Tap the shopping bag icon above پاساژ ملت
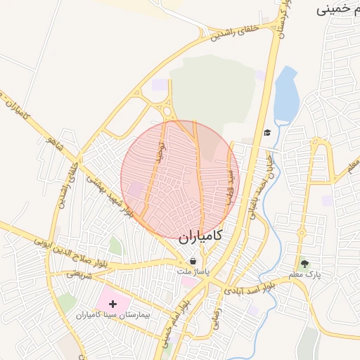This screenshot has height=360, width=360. (x=193, y=261)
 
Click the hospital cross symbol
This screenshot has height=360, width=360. (x=113, y=304)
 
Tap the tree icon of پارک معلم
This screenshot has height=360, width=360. (x=304, y=264)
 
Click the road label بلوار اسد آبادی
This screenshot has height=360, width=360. (x=250, y=286)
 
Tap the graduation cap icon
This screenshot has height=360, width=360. (x=267, y=132)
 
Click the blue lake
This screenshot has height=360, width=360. (x=285, y=95)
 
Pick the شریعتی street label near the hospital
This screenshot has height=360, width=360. (x=79, y=276)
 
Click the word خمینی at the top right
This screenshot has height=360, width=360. (x=337, y=10)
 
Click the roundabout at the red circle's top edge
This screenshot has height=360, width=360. (x=167, y=110)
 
